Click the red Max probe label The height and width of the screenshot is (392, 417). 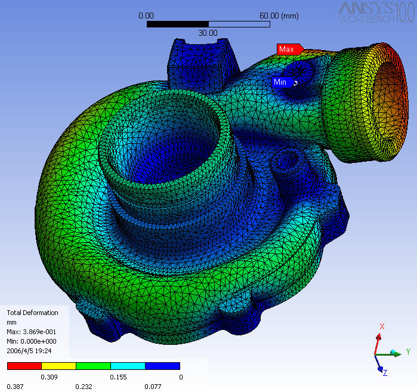(x=288, y=49)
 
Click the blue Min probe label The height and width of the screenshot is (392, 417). (x=281, y=82)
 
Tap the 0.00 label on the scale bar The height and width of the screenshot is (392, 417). (x=146, y=16)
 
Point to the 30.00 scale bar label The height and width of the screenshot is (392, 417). (x=208, y=33)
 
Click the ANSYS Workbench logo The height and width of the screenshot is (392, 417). (x=375, y=12)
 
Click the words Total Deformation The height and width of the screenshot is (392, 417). (x=32, y=313)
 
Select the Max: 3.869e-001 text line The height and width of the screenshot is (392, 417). (x=32, y=331)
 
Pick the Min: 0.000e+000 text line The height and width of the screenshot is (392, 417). (x=31, y=341)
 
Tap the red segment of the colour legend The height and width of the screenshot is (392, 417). (x=24, y=366)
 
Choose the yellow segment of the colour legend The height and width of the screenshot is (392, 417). (x=58, y=366)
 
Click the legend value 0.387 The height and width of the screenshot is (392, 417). (x=14, y=387)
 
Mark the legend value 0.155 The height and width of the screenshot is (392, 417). (x=118, y=377)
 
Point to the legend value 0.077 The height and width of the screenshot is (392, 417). (x=152, y=387)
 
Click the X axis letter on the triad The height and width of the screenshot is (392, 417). (x=382, y=326)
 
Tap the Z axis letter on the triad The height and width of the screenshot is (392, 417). (x=385, y=373)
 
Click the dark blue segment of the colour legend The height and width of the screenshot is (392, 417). (x=162, y=366)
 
